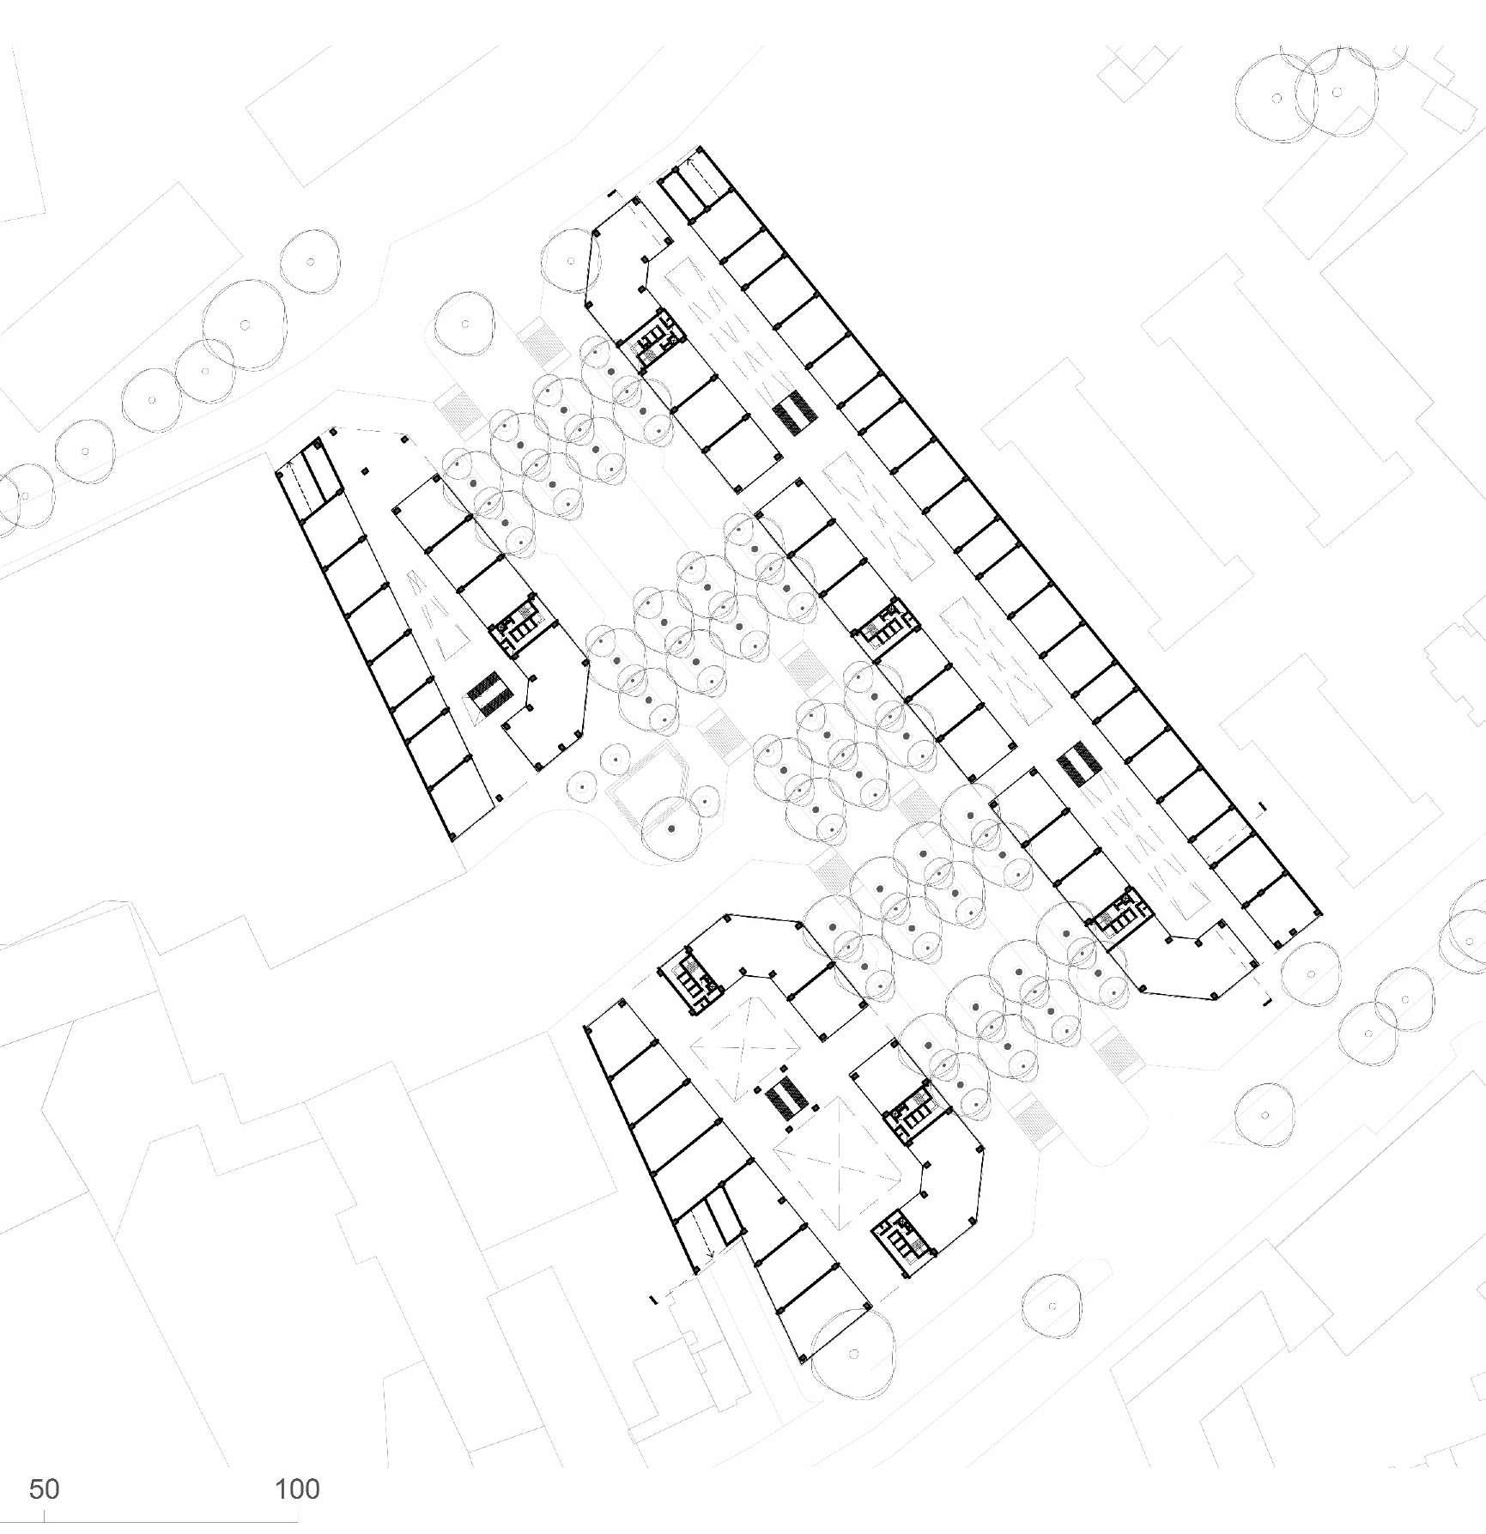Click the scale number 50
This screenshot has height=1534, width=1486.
pyautogui.click(x=44, y=1489)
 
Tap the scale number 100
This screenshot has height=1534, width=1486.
pyautogui.click(x=297, y=1489)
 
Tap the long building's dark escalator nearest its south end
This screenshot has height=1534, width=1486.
pyautogui.click(x=1077, y=767)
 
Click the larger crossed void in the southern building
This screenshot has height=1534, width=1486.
pyautogui.click(x=837, y=1172)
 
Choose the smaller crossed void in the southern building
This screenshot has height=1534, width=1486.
pyautogui.click(x=745, y=1049)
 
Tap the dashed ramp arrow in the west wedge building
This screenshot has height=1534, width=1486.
pyautogui.click(x=302, y=485)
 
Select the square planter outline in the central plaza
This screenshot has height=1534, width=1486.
pyautogui.click(x=646, y=781)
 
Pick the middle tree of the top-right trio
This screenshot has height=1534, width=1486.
pyautogui.click(x=1337, y=92)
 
